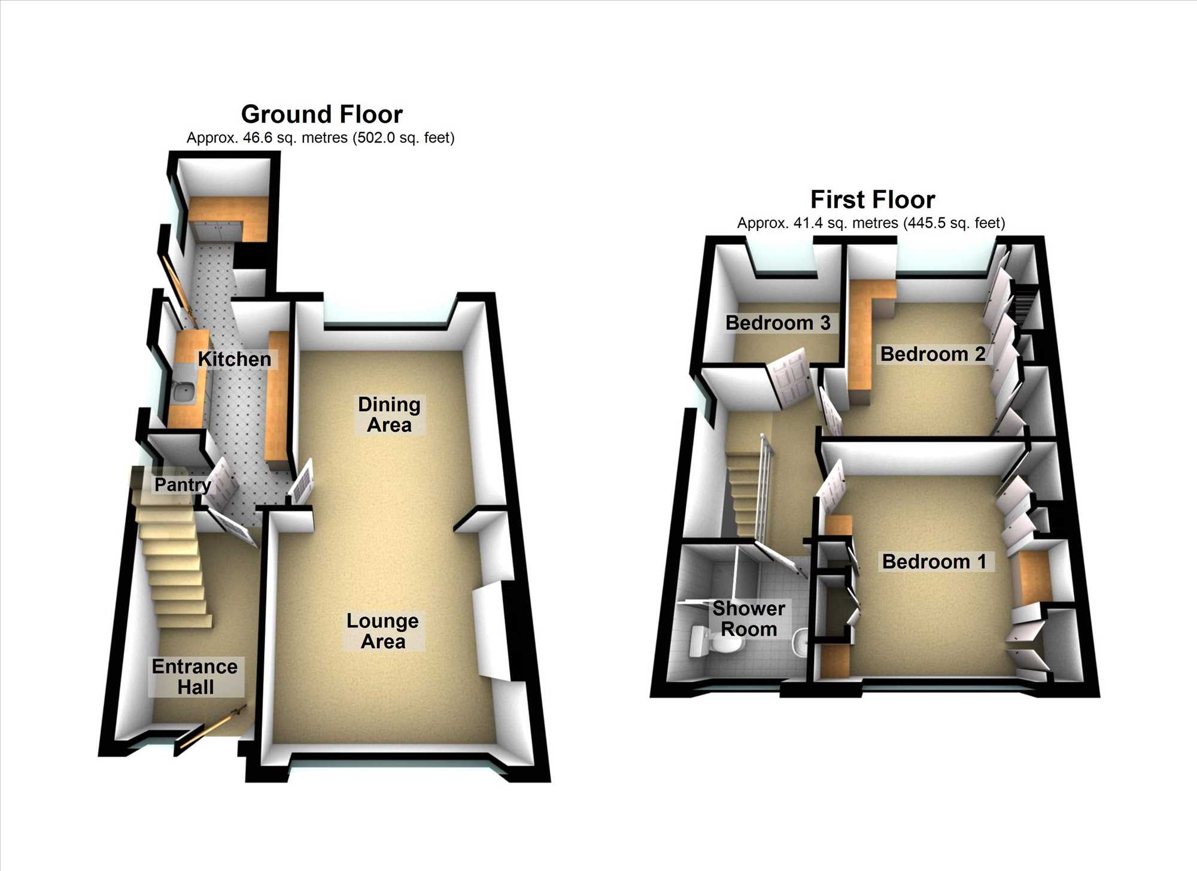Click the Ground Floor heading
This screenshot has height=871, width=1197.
tap(322, 114)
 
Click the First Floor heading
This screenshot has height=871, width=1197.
tap(873, 199)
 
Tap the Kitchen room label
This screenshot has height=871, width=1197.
tap(235, 359)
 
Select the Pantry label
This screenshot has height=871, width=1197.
tap(183, 484)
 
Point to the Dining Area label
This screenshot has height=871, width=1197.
tap(389, 414)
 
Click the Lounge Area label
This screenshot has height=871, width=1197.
tap(383, 631)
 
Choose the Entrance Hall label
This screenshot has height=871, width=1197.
tap(195, 676)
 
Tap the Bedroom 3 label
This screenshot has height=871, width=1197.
tap(778, 323)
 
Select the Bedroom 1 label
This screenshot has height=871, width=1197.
tap(934, 562)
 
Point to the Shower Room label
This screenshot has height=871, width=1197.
tap(749, 619)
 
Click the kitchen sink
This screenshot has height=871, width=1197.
tap(183, 392)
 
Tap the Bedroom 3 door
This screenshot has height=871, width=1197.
tap(790, 380)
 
